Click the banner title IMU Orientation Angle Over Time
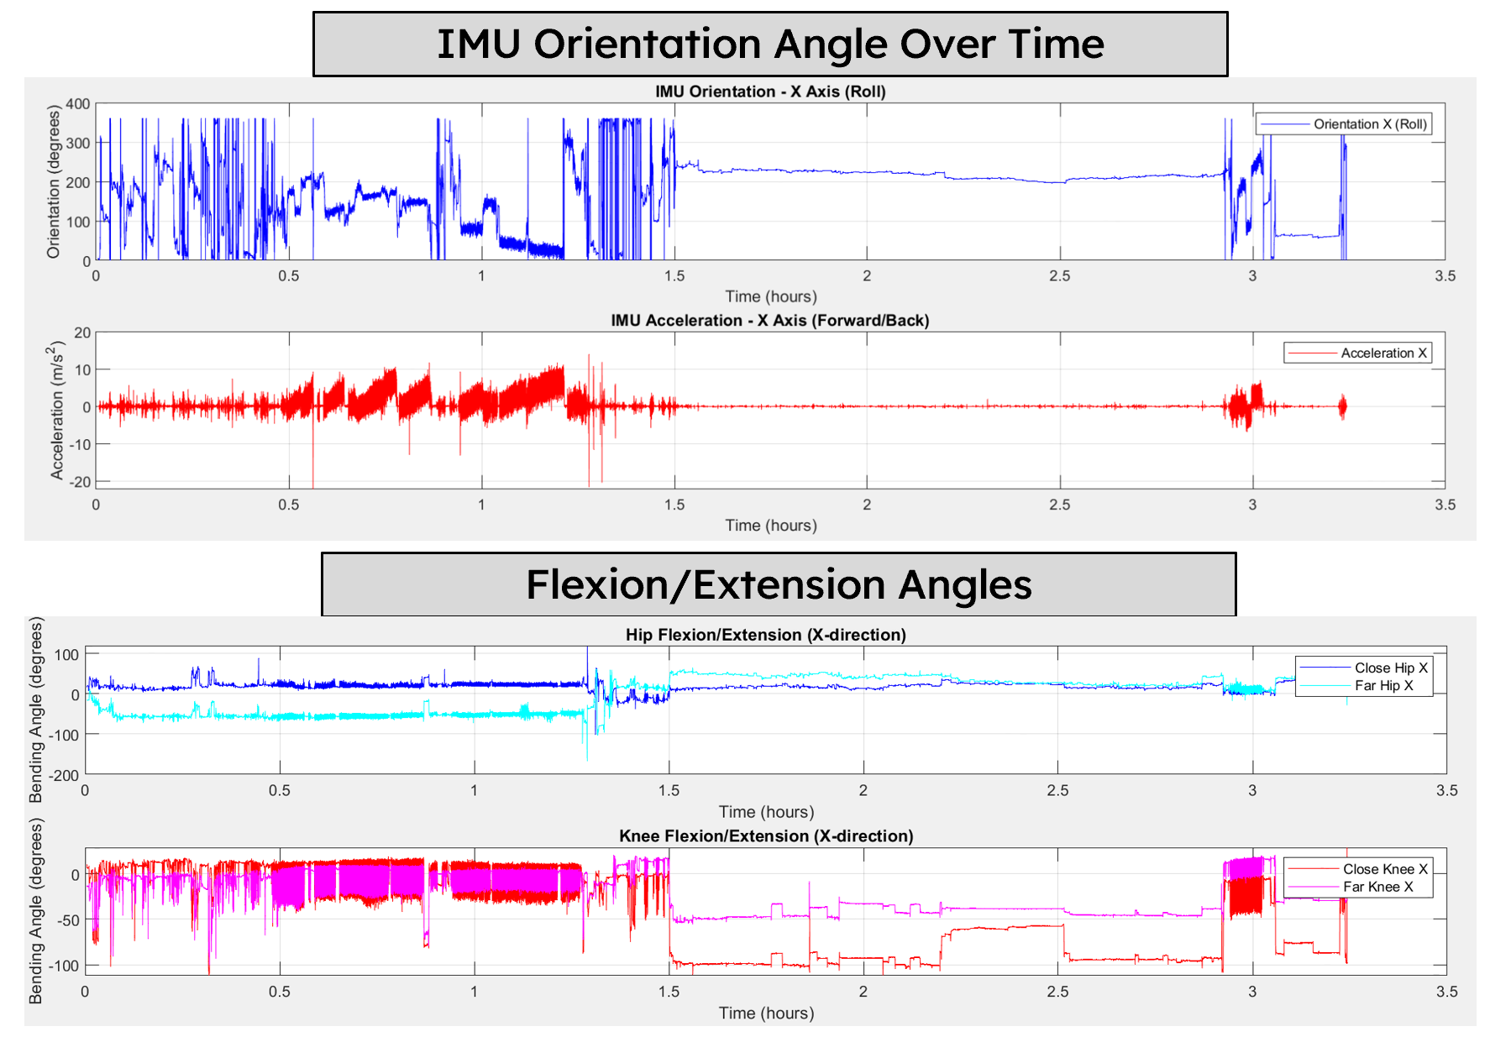pos(770,44)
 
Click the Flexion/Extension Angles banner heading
pos(779,584)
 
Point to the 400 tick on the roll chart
pos(78,104)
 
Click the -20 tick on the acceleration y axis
pos(81,482)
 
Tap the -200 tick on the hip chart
pos(63,775)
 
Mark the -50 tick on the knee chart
pos(68,920)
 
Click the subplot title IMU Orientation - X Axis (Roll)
pos(770,92)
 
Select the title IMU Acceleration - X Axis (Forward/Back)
pos(769,321)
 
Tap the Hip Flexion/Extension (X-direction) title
pos(765,635)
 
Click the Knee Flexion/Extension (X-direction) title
pos(765,836)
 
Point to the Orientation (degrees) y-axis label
pos(54,181)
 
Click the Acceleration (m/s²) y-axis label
pos(56,410)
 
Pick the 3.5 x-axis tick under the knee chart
pos(1446,992)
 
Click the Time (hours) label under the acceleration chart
pos(770,526)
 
